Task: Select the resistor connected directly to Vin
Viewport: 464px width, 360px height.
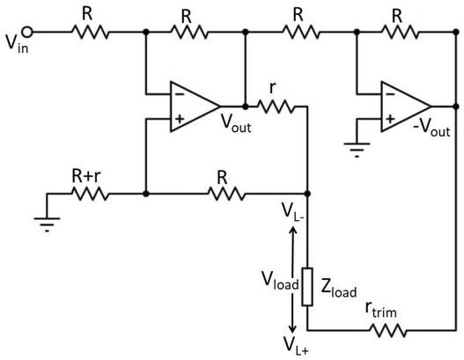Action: [x=90, y=33]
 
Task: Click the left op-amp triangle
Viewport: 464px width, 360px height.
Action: [x=194, y=107]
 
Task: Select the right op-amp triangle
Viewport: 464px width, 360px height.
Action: [x=404, y=107]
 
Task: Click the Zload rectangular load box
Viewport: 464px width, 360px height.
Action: [x=307, y=285]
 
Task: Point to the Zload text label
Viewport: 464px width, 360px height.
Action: [x=338, y=284]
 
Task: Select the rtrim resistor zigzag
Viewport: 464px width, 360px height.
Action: [x=387, y=331]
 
